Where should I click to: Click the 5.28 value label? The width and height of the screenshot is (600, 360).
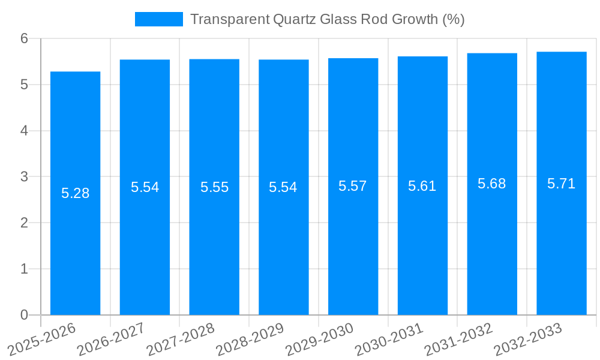click(x=76, y=193)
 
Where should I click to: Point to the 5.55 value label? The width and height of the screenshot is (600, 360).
click(x=214, y=187)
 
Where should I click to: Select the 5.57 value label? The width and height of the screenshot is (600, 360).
click(x=353, y=186)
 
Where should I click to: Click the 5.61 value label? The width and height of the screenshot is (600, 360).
click(x=422, y=186)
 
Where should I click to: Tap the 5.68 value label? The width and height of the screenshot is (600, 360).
click(x=492, y=184)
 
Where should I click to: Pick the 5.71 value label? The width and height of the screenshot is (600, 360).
click(x=562, y=184)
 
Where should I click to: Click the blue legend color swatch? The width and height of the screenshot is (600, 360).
click(x=158, y=19)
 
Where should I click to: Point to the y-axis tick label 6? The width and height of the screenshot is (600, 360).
click(x=25, y=38)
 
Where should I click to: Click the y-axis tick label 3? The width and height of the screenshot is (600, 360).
click(x=25, y=177)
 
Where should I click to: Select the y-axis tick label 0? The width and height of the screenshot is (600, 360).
click(x=25, y=315)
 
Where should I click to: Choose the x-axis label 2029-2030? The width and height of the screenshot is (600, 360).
click(x=319, y=339)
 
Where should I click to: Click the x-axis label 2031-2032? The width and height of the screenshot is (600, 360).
click(x=458, y=339)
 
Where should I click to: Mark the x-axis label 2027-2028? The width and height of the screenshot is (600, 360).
click(x=180, y=339)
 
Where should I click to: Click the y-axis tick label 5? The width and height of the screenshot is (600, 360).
click(x=25, y=85)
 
